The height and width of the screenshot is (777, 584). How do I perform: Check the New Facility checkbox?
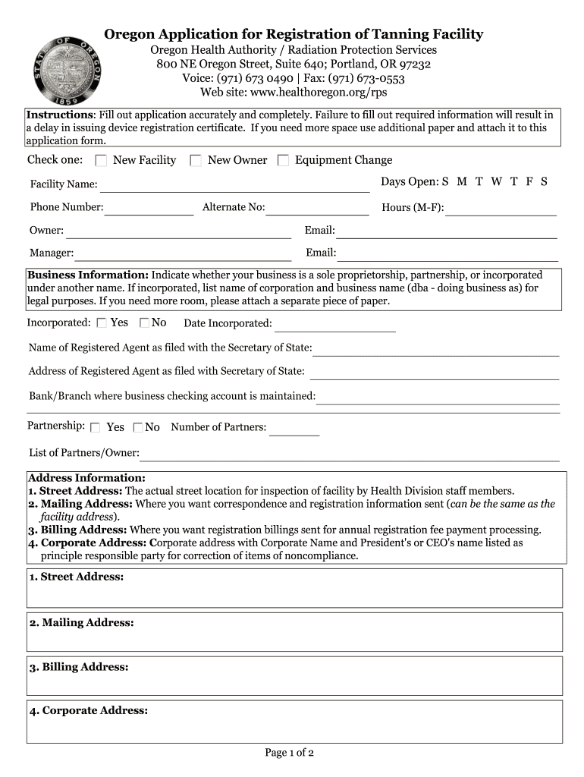(x=101, y=160)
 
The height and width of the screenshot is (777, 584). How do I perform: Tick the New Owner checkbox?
(x=196, y=160)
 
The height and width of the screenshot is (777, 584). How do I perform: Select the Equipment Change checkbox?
(x=283, y=160)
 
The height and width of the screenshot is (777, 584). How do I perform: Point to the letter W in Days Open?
(x=496, y=182)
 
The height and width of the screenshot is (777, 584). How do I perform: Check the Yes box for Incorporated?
(x=102, y=323)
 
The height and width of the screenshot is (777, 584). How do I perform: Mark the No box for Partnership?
(x=138, y=427)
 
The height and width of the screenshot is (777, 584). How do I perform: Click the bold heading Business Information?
(x=88, y=275)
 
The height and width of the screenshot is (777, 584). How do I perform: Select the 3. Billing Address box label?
(x=79, y=667)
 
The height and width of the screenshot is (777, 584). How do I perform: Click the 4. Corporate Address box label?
(x=89, y=711)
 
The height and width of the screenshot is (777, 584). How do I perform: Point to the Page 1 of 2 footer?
(x=289, y=753)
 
